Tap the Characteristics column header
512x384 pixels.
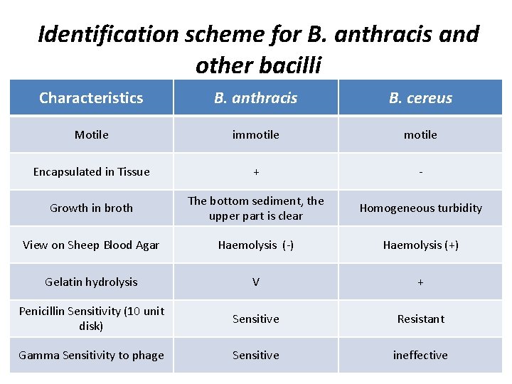91,98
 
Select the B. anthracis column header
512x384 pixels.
256,98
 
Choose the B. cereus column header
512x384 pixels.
420,98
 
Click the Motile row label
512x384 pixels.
92,134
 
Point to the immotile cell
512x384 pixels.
256,134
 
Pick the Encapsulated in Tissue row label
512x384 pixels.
92,171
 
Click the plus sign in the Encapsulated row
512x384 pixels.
256,171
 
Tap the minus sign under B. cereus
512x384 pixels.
420,171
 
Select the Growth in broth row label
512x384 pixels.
92,208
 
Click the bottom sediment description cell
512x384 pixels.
256,208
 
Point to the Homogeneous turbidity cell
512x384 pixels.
420,208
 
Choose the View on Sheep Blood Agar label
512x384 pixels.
91,245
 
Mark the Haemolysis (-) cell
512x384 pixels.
256,245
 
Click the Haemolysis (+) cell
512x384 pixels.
420,245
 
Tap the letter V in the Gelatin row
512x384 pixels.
256,282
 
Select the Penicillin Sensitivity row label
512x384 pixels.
92,319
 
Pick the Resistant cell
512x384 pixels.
420,319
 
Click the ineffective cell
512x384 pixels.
420,356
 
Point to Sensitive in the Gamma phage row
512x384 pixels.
256,356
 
